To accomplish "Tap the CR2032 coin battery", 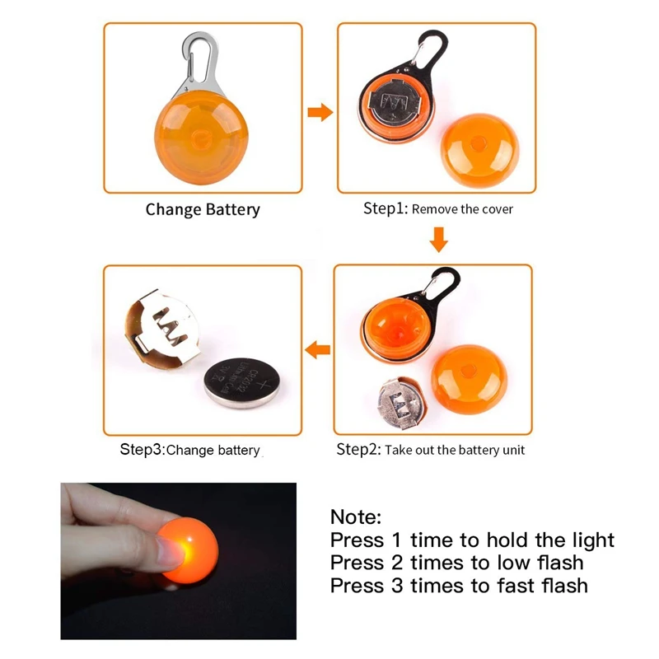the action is [242, 382].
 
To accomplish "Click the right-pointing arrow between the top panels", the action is [320, 112].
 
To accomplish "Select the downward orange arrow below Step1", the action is [439, 240].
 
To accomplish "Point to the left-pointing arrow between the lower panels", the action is [317, 349].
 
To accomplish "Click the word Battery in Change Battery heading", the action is [233, 210].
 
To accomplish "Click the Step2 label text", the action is [358, 449].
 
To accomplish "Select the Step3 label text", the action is [143, 449].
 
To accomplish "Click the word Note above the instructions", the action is [356, 516].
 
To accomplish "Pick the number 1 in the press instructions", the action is [396, 540].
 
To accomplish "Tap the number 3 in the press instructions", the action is [397, 586].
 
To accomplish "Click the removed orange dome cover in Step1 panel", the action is [479, 150].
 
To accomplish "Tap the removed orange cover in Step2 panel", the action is [469, 379].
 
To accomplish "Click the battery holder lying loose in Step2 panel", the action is [402, 402].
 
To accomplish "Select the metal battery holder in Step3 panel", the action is [161, 328].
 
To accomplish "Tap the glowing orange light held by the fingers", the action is [189, 549].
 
